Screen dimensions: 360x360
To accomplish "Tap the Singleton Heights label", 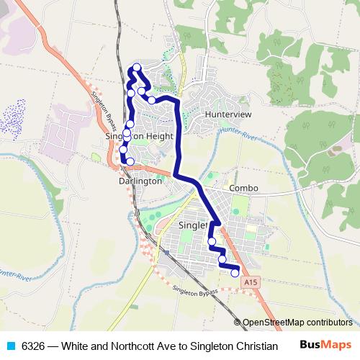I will [140, 135].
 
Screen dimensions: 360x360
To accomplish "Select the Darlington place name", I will [140, 181].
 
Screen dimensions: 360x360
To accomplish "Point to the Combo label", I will [243, 188].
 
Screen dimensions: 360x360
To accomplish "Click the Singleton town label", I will [192, 225].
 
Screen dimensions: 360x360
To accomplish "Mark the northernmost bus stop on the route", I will [136, 68].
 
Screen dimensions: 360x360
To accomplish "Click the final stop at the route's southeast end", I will [235, 273].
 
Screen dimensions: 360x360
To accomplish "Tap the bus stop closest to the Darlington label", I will [130, 161].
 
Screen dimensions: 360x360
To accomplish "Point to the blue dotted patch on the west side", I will [19, 114].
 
